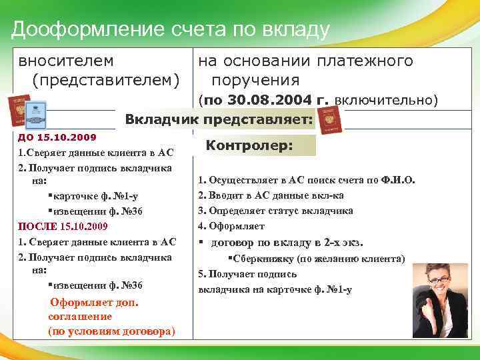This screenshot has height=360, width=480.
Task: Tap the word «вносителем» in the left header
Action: coord(65,61)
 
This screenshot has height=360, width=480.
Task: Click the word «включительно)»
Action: coord(386,101)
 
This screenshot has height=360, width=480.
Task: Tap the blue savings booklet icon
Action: coord(35,111)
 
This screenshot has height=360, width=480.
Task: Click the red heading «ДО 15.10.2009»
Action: coord(57,137)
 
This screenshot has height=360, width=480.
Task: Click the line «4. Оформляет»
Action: coord(231,226)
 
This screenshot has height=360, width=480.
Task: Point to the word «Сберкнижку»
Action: coord(263,258)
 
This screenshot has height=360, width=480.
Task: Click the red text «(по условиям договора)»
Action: coord(111,331)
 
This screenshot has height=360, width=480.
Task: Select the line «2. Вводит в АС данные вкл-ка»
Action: coord(271,195)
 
